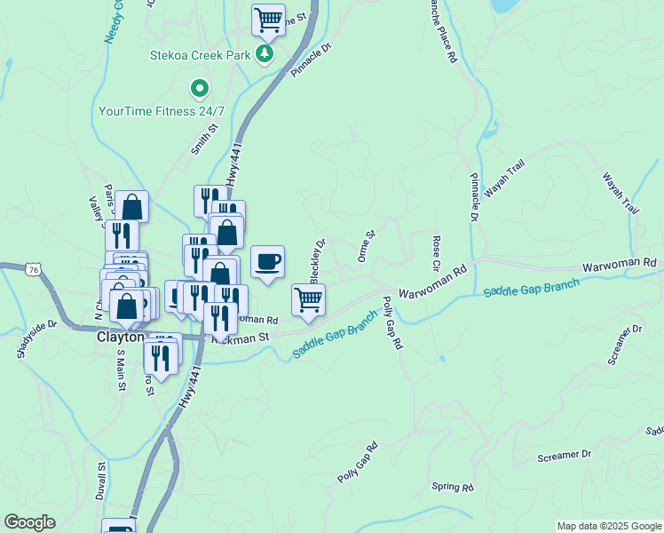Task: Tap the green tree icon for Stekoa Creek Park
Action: [264, 55]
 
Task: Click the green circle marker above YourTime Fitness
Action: [200, 88]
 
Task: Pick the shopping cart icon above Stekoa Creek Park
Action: [267, 19]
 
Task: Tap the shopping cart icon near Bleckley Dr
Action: [308, 299]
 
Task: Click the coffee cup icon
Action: [267, 261]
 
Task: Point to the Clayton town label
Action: [120, 338]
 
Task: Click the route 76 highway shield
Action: [33, 269]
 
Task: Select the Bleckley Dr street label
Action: [319, 256]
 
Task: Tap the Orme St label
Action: [367, 246]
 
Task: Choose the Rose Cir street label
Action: [436, 254]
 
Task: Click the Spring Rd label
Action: [452, 488]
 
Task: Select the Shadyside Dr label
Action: [36, 339]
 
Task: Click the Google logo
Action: [30, 522]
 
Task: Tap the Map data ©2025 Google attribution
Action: [608, 526]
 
